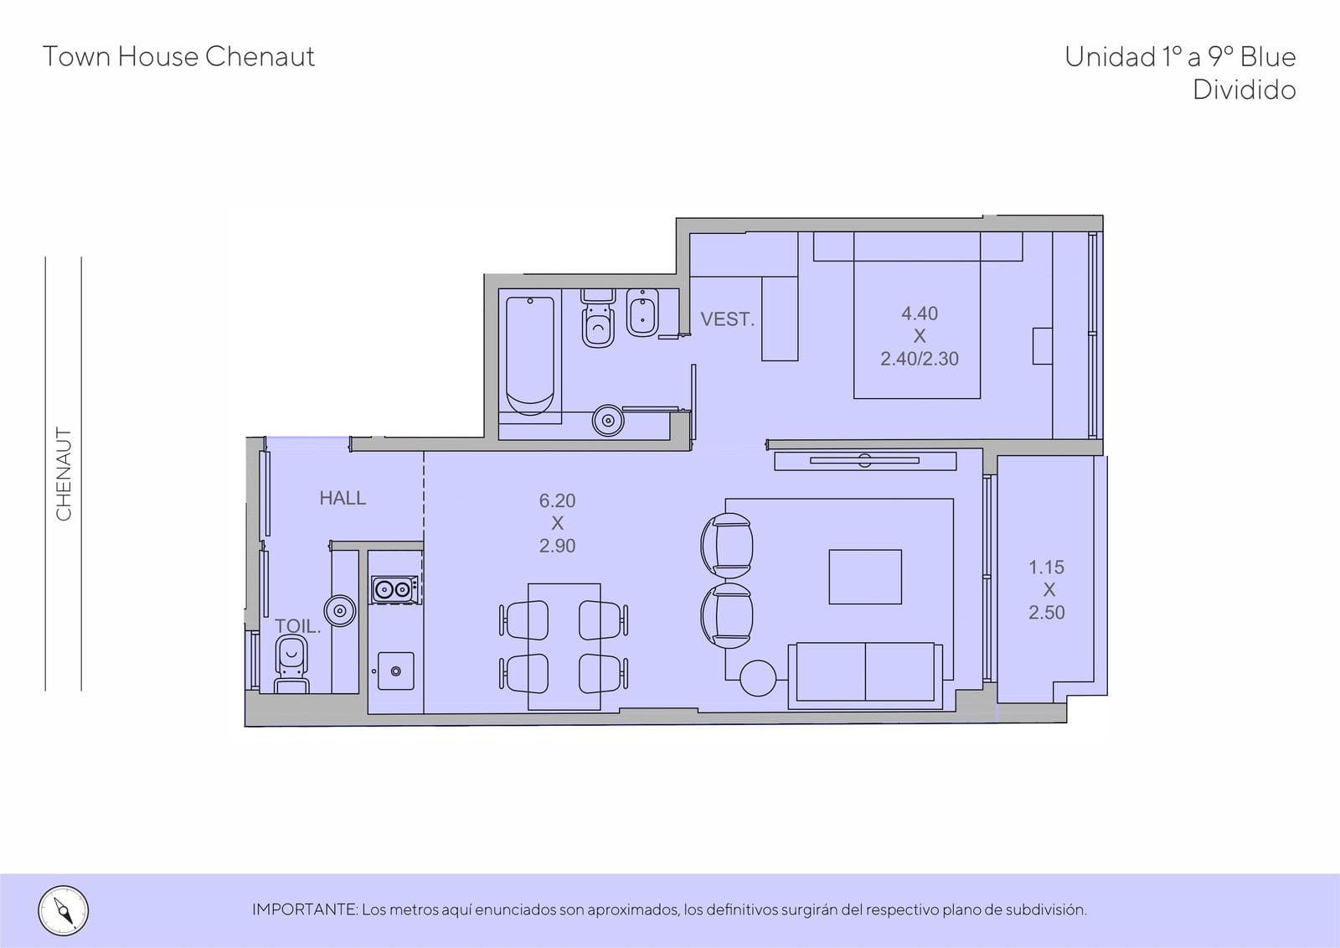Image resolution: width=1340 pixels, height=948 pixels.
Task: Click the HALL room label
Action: click(x=343, y=498)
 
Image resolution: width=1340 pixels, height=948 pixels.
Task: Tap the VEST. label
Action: click(x=728, y=319)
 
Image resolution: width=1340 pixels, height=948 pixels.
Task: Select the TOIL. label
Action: click(x=297, y=626)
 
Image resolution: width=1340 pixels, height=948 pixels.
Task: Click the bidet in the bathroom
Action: click(x=642, y=313)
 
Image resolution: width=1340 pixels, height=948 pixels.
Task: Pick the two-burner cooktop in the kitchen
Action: click(x=394, y=590)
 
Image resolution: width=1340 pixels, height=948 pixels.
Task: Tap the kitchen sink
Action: click(x=395, y=671)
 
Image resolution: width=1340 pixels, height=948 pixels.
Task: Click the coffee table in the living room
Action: click(x=865, y=577)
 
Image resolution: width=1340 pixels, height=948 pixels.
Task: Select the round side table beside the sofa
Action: click(x=758, y=678)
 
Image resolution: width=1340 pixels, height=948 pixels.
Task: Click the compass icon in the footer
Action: click(x=64, y=911)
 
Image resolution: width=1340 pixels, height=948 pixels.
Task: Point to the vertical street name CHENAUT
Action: click(x=64, y=474)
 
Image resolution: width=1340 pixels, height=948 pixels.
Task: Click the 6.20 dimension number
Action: click(x=557, y=500)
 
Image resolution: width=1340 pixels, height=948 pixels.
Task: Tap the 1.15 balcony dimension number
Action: click(x=1046, y=567)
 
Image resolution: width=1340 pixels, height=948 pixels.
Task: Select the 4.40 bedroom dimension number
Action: click(x=920, y=313)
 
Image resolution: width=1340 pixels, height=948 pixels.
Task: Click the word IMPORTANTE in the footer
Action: click(x=305, y=909)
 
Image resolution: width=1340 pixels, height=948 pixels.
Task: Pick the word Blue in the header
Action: click(x=1268, y=57)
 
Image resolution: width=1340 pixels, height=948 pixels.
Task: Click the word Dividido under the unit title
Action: click(x=1245, y=90)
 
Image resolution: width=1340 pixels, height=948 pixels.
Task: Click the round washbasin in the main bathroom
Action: click(x=608, y=421)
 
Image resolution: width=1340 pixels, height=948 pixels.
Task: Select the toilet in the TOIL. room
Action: click(x=291, y=664)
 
